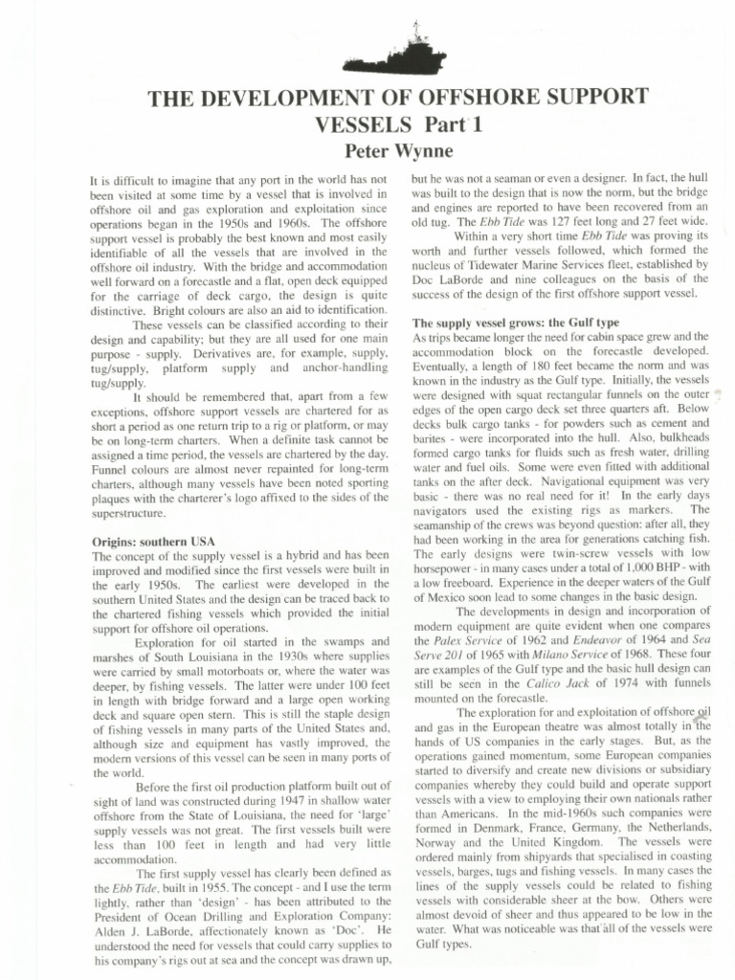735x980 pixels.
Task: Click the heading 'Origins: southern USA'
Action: click(152, 543)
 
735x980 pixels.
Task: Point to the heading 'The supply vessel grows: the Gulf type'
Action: click(512, 323)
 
